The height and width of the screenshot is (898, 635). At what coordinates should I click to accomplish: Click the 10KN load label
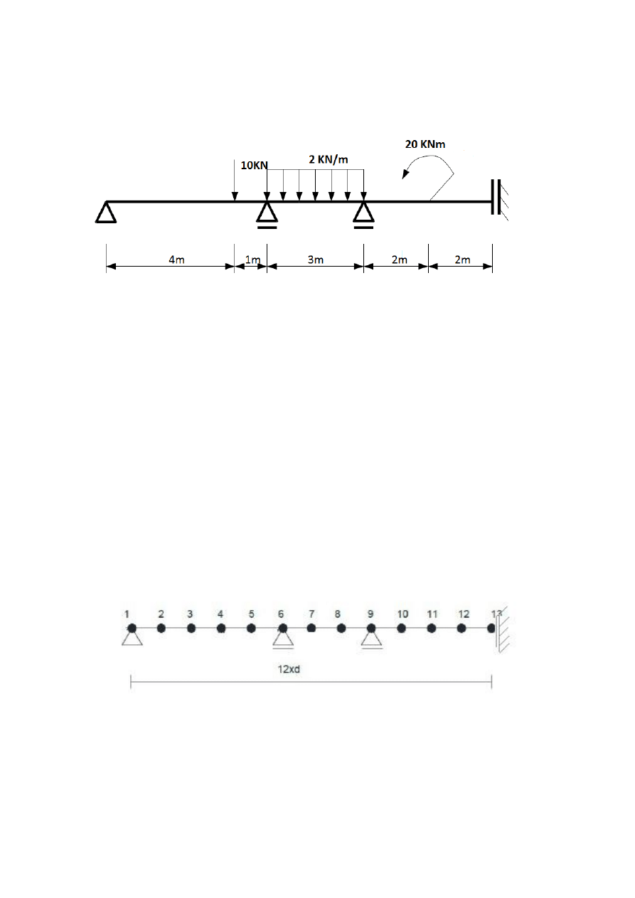(x=254, y=165)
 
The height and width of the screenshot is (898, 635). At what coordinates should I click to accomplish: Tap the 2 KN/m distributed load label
(x=329, y=159)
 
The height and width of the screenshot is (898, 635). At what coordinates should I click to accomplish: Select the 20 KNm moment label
(x=425, y=144)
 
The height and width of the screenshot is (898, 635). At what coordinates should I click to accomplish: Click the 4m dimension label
(x=176, y=260)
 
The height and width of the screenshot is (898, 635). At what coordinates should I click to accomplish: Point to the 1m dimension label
(x=252, y=260)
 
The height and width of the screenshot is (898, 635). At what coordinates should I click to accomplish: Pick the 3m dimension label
(x=316, y=260)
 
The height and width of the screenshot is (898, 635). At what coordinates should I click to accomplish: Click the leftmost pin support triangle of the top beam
(x=106, y=213)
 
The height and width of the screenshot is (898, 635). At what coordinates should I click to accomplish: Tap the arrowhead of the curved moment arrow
(x=405, y=174)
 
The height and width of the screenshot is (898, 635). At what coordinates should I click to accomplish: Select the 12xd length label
(x=289, y=669)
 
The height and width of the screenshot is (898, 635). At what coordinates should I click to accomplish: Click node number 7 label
(x=311, y=614)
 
